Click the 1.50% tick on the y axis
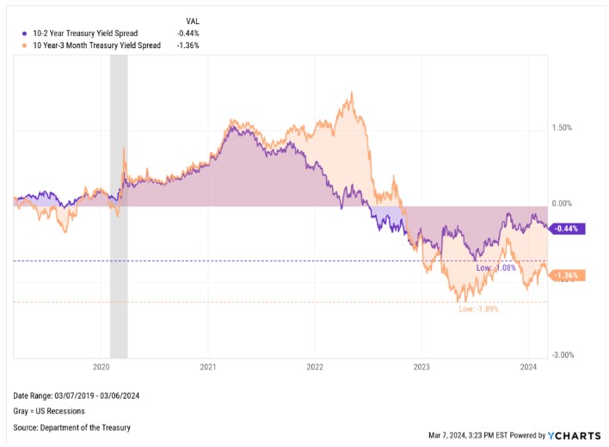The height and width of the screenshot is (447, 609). tap(562, 128)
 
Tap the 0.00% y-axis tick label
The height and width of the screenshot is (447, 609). tap(562, 204)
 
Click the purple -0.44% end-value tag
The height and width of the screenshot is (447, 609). tap(568, 229)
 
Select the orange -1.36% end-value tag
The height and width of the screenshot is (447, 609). tap(568, 276)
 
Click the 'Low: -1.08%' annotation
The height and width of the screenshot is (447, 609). tap(495, 268)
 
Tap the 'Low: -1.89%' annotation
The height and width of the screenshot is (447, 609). tap(478, 309)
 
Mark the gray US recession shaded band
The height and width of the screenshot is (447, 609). tap(119, 206)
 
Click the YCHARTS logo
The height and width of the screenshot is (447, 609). tap(571, 435)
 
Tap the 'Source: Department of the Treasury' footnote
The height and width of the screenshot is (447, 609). tap(72, 427)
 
